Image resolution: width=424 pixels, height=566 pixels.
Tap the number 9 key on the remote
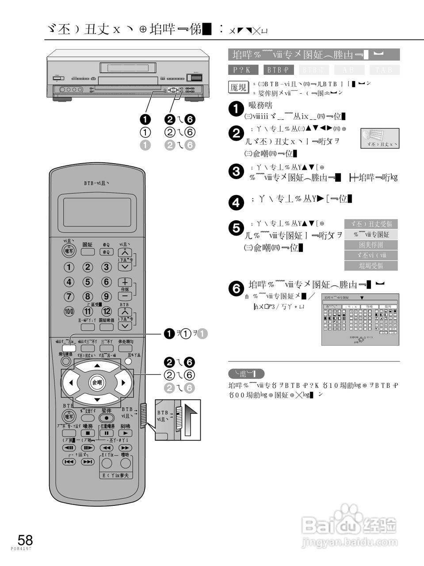[x=106, y=296]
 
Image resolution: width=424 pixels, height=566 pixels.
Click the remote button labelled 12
[x=106, y=311]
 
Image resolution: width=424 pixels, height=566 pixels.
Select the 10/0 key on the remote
[x=69, y=311]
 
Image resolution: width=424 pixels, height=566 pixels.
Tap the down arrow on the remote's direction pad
[x=97, y=400]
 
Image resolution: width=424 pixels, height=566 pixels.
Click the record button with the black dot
[x=106, y=418]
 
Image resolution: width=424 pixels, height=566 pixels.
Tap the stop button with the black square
[x=88, y=433]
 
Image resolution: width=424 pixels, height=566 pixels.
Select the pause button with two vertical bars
[x=106, y=433]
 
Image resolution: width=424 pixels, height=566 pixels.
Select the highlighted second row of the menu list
[x=371, y=234]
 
